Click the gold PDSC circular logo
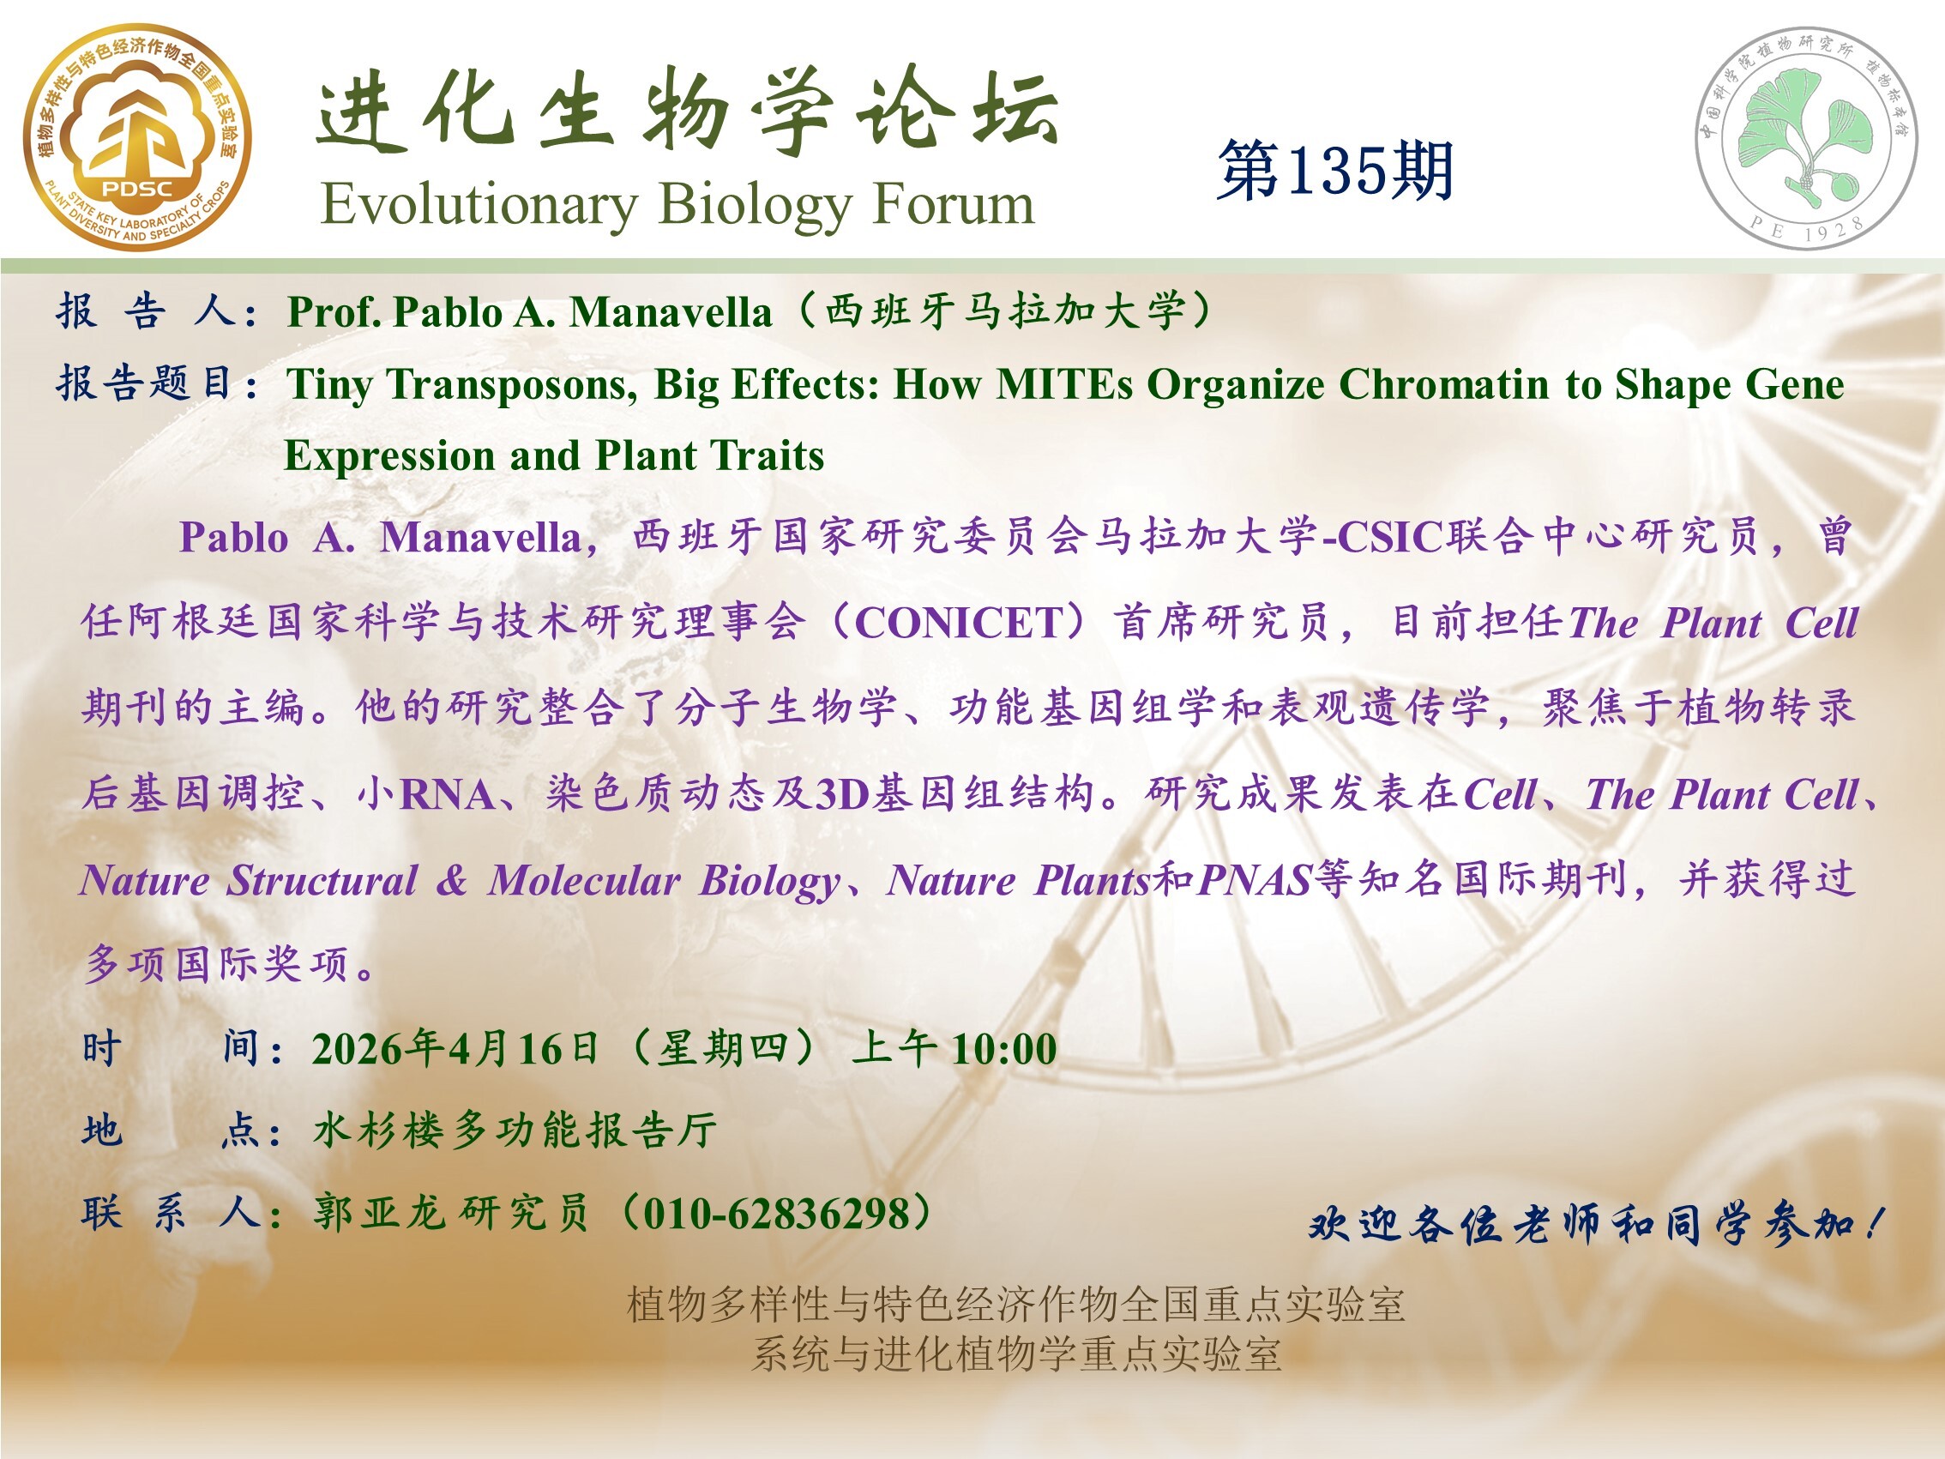[137, 136]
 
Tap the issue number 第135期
[1335, 170]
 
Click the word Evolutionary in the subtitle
[479, 206]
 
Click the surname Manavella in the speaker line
[670, 312]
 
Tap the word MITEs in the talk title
[1064, 384]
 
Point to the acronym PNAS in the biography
[1255, 880]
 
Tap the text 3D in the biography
[843, 794]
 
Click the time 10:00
[1004, 1049]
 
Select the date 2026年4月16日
[455, 1049]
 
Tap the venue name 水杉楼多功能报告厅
[515, 1131]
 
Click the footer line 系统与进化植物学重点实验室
[1015, 1353]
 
